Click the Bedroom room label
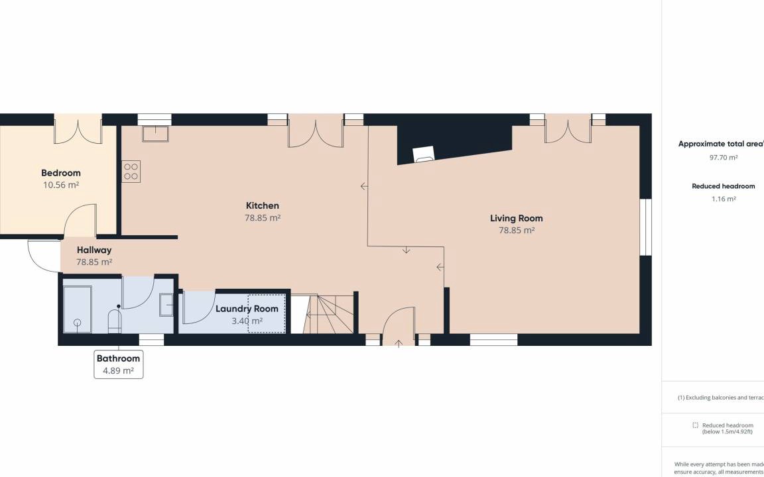click(61, 173)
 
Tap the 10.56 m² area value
click(61, 185)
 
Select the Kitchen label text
click(263, 205)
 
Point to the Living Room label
click(517, 218)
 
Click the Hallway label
click(94, 250)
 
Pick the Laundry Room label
click(247, 309)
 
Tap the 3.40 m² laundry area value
click(247, 321)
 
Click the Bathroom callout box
click(119, 364)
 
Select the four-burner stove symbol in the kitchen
click(131, 172)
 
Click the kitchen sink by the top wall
click(155, 133)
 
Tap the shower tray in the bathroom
click(78, 309)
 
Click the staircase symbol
click(328, 314)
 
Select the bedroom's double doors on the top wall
click(78, 129)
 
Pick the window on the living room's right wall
click(645, 227)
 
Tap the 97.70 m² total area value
click(724, 157)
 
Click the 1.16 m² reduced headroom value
click(724, 199)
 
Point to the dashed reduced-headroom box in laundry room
click(267, 314)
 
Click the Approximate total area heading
click(721, 144)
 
